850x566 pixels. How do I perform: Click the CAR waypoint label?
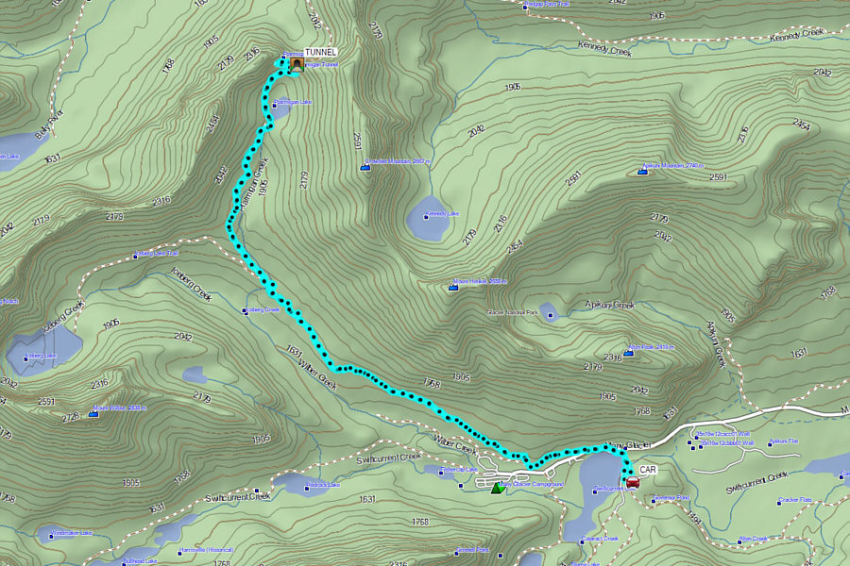[x=647, y=469]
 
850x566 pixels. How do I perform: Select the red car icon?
[x=633, y=482]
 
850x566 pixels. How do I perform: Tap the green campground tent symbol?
[x=498, y=487]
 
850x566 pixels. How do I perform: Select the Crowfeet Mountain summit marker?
[x=365, y=167]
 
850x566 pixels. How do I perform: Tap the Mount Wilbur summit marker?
[x=93, y=413]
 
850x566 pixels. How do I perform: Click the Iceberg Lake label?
[x=42, y=356]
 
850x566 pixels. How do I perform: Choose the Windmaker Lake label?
[x=73, y=535]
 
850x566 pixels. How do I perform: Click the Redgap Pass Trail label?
[x=547, y=6]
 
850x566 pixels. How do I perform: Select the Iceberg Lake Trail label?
[x=157, y=253]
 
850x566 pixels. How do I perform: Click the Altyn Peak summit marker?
[x=628, y=353]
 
